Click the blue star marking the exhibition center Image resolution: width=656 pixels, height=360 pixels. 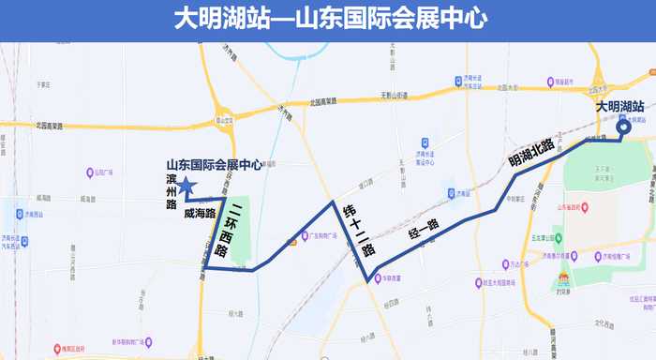(x=186, y=186)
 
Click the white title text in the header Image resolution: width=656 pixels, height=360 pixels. (x=327, y=20)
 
